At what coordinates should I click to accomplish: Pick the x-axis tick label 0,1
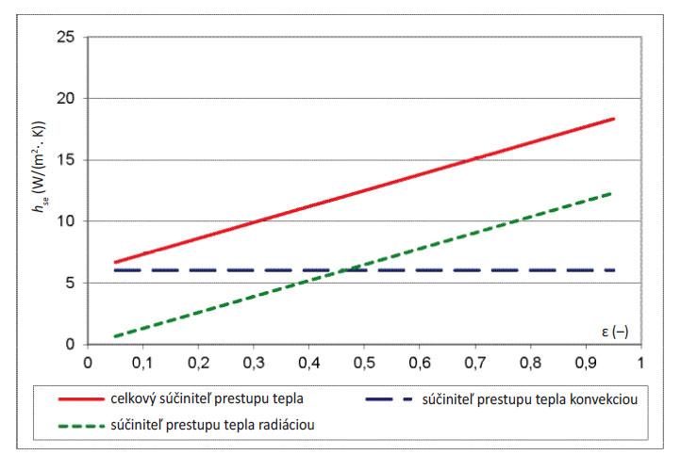point(142,362)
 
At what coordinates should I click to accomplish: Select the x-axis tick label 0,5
point(364,362)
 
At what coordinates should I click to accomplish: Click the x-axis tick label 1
point(640,362)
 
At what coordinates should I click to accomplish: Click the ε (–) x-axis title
point(621,332)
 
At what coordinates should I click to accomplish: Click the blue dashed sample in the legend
point(391,399)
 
